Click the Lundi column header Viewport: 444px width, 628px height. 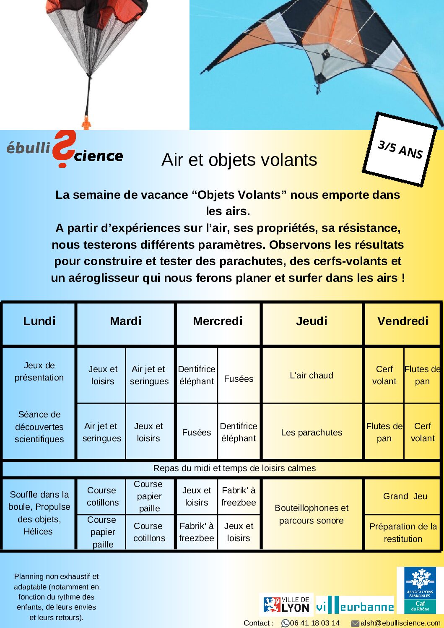[x=39, y=321]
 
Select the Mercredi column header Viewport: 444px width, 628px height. [x=218, y=321]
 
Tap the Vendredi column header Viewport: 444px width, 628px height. [x=402, y=321]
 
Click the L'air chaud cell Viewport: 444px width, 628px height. [x=312, y=375]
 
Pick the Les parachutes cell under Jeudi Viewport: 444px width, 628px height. [x=312, y=433]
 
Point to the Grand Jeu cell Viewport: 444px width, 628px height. [x=405, y=496]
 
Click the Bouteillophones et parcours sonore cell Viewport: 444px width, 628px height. [x=312, y=514]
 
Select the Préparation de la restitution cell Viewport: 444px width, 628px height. [x=403, y=532]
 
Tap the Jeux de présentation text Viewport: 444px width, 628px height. [x=39, y=371]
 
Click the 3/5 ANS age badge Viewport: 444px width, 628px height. [x=400, y=149]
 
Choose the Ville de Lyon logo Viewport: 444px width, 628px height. [x=286, y=605]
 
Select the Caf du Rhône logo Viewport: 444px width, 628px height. [x=420, y=590]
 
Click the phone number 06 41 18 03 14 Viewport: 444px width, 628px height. [x=314, y=623]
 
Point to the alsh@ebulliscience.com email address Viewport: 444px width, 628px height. [x=400, y=623]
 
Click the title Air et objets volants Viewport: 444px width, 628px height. [x=239, y=160]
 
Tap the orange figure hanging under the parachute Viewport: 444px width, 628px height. [x=86, y=122]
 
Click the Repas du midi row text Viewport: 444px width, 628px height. [x=234, y=468]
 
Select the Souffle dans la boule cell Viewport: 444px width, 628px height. [x=39, y=513]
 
